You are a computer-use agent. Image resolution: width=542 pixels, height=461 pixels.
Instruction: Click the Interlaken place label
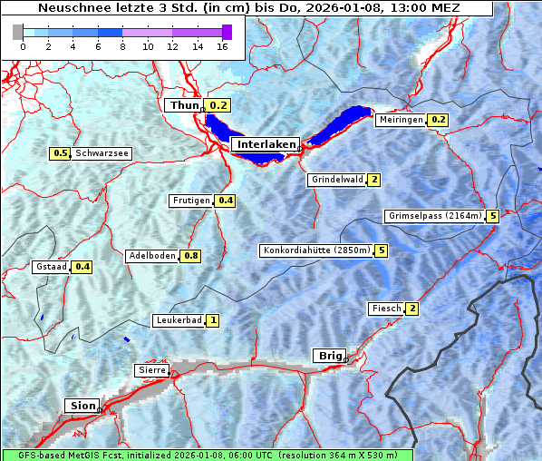pos(266,144)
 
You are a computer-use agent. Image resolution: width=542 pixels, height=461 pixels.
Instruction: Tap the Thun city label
pos(184,105)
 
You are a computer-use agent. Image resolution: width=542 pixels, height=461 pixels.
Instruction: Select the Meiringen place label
pos(401,120)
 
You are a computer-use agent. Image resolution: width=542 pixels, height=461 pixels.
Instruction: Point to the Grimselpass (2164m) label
pos(434,216)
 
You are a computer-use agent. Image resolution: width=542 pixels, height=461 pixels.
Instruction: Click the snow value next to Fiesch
pos(412,309)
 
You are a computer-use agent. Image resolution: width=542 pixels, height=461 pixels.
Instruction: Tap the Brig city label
pos(328,355)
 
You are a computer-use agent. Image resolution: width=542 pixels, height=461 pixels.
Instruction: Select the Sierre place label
pos(151,370)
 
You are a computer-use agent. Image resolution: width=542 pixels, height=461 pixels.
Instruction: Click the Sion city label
pos(82,406)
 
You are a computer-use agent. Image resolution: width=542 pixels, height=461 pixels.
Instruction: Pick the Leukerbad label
pos(178,320)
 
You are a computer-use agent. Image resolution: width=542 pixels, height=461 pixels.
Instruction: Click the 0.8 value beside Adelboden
pos(191,256)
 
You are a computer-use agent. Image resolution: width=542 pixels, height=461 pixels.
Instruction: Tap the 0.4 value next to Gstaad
pos(82,267)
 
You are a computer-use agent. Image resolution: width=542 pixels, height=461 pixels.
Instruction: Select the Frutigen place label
pos(191,201)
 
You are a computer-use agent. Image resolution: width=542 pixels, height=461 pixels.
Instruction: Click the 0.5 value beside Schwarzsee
pos(62,154)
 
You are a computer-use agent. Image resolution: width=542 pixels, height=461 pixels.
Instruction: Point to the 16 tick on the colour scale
pos(221,47)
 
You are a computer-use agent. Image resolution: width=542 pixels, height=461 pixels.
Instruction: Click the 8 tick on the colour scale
pos(122,47)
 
